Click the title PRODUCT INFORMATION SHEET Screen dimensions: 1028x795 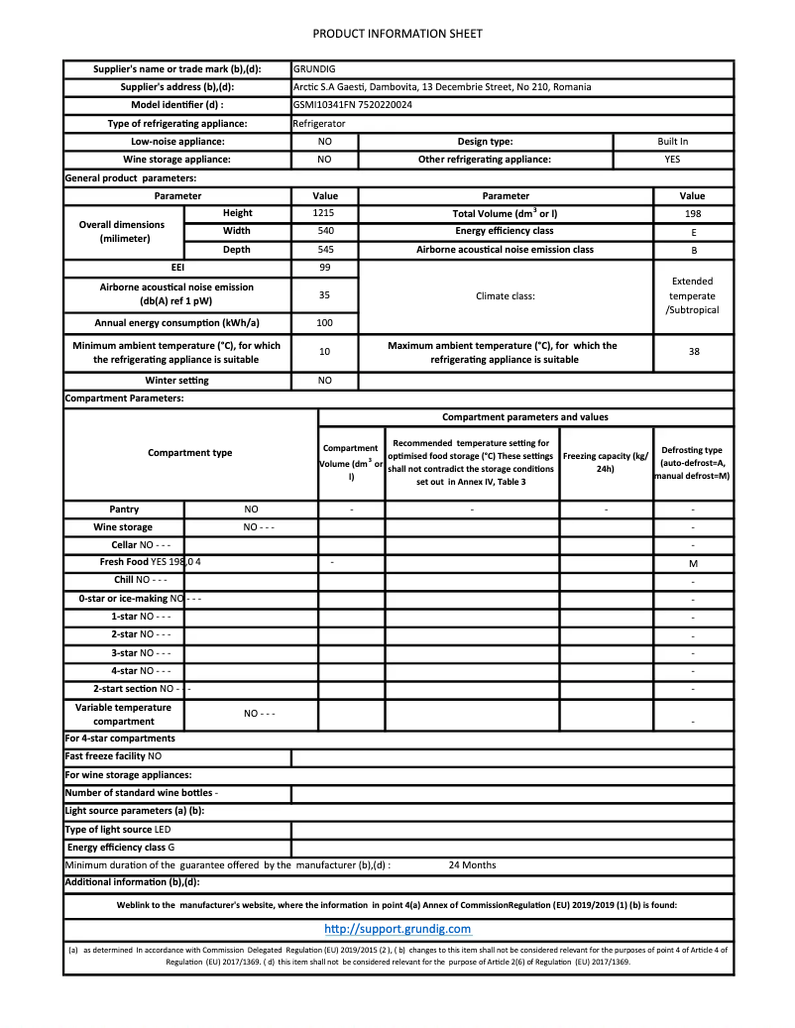[x=397, y=34]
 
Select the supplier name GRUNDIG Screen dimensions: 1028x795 [x=314, y=69]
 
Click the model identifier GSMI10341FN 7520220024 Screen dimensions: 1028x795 [x=353, y=105]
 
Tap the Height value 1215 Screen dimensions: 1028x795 [x=324, y=213]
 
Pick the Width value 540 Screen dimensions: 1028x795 [x=324, y=231]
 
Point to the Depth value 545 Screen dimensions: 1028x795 [x=324, y=250]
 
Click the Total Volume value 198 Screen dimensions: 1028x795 [x=693, y=213]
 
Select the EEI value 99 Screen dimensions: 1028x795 [x=324, y=268]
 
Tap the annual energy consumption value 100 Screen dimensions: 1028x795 [x=324, y=323]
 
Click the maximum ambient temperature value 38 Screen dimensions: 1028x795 [x=694, y=352]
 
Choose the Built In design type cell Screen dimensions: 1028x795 [x=672, y=142]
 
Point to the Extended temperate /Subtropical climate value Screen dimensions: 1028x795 [x=692, y=295]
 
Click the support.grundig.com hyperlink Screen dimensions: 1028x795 [x=397, y=929]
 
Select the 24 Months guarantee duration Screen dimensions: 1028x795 [x=472, y=865]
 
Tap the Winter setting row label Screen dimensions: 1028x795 [x=177, y=381]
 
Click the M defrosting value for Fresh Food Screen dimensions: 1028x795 [x=693, y=563]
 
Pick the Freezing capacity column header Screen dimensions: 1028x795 [x=605, y=462]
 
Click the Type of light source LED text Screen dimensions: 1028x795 [x=118, y=830]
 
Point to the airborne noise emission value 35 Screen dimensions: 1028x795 [x=324, y=294]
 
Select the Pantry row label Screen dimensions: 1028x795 [x=124, y=510]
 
